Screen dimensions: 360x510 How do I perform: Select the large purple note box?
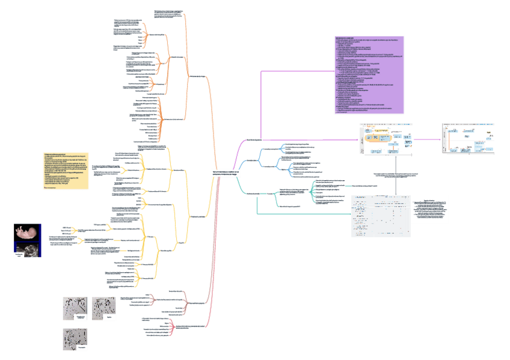click(369, 75)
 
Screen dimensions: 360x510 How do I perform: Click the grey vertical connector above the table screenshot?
click(398, 174)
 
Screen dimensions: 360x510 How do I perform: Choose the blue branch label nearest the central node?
click(254, 161)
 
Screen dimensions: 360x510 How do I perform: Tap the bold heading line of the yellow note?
click(57, 155)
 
